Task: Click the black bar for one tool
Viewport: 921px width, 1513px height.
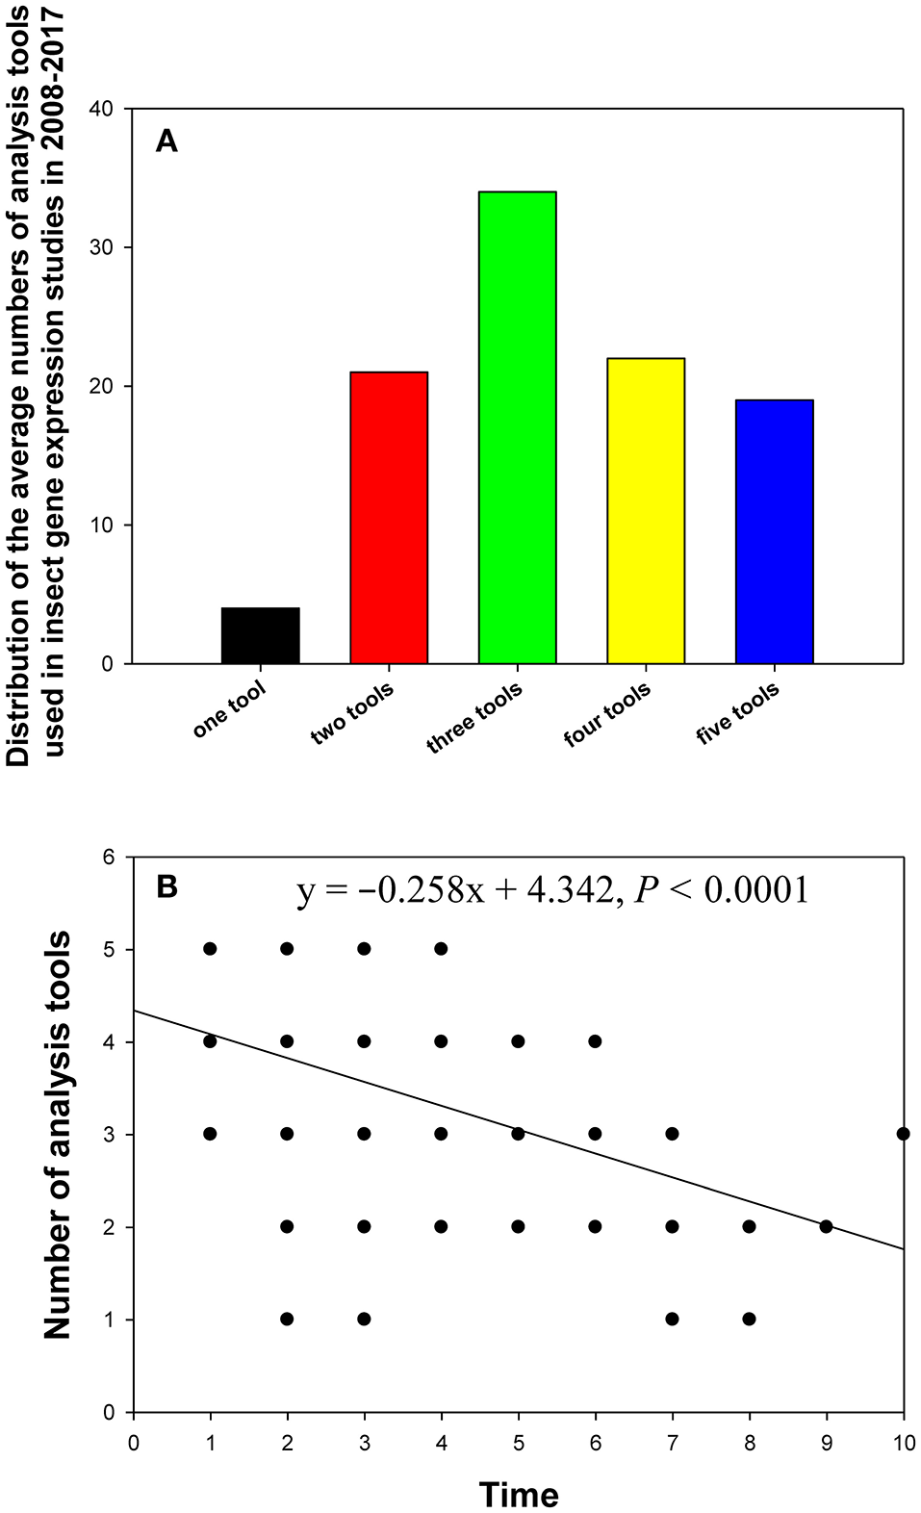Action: click(260, 635)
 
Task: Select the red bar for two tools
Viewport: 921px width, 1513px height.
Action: click(389, 518)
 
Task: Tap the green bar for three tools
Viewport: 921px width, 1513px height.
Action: click(517, 428)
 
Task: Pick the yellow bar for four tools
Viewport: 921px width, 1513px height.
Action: click(646, 511)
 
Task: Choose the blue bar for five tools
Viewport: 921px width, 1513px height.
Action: click(774, 531)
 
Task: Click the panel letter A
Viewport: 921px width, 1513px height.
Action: click(166, 142)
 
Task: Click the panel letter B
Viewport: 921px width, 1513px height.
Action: click(166, 886)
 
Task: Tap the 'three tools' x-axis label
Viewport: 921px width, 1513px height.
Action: click(475, 717)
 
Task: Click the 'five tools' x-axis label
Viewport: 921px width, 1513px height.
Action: click(738, 713)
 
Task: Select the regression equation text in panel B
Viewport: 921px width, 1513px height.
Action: click(552, 890)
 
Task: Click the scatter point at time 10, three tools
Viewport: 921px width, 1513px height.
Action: click(903, 1134)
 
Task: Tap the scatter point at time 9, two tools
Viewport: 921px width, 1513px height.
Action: click(826, 1226)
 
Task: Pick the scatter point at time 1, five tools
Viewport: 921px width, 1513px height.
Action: click(210, 949)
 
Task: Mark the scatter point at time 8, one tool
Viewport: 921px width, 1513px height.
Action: click(749, 1319)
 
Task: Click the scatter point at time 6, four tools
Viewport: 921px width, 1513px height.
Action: click(595, 1041)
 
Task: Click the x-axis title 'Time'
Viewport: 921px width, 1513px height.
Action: click(519, 1495)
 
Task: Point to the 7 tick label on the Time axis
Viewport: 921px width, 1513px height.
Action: click(672, 1443)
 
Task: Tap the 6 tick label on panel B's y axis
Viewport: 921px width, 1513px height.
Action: click(108, 857)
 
